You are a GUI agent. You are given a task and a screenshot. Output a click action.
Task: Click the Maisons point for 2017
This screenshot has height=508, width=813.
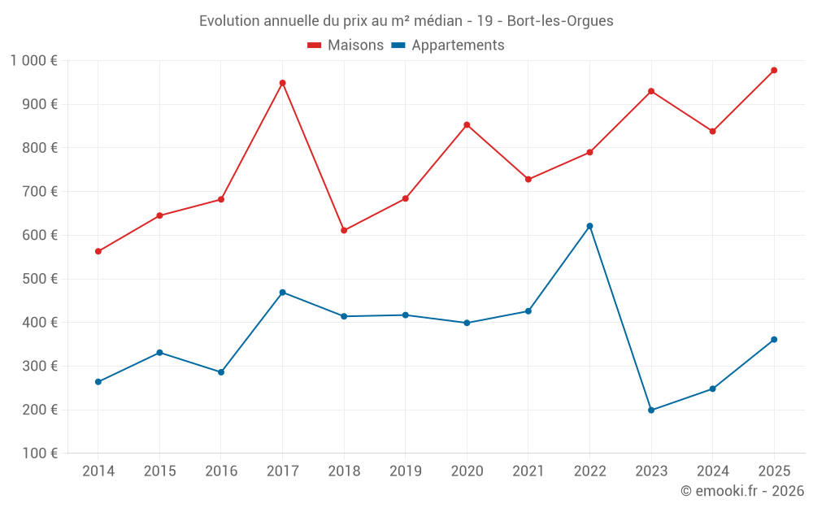[282, 83]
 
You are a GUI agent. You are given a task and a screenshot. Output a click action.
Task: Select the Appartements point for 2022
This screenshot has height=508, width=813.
[589, 226]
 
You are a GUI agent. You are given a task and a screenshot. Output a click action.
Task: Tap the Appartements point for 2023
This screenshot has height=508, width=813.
[651, 410]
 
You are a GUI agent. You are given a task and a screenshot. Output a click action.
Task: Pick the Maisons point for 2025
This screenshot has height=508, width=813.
[774, 71]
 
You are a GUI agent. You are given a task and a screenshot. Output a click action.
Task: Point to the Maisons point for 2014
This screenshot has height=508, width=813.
[98, 251]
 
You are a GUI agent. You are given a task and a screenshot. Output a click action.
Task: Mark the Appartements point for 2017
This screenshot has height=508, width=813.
[282, 293]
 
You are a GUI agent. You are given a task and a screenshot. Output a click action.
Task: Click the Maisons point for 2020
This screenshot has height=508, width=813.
[467, 125]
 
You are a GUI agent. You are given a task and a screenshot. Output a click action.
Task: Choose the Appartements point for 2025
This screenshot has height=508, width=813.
[774, 340]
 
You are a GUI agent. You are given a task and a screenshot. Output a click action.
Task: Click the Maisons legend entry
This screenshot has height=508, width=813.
[346, 46]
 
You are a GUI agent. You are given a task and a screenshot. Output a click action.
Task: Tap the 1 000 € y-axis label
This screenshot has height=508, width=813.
[34, 61]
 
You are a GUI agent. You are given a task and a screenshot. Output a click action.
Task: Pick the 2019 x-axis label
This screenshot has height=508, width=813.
[405, 471]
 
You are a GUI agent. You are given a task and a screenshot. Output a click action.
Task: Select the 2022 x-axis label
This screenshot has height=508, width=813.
[589, 471]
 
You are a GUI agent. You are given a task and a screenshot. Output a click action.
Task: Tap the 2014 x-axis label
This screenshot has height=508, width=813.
[98, 471]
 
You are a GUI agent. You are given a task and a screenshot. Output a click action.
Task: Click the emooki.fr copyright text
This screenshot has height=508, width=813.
[742, 491]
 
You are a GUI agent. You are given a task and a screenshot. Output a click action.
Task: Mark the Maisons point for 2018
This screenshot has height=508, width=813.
[344, 231]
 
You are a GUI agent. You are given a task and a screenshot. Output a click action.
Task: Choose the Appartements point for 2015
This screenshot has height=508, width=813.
[159, 353]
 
